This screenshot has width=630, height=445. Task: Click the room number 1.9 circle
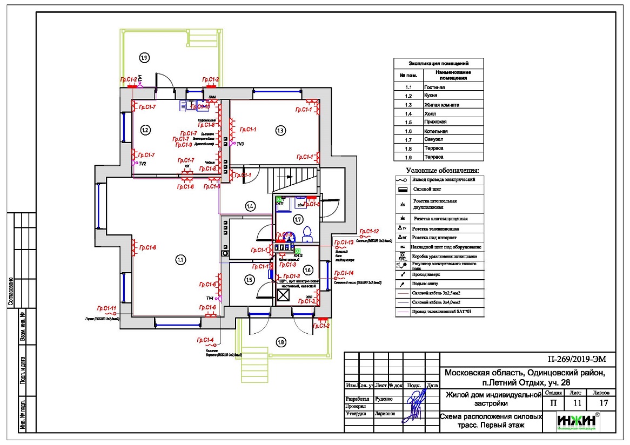144,57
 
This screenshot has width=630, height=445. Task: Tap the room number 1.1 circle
180,260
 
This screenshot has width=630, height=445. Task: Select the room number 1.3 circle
280,130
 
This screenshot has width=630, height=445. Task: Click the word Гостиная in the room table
435,87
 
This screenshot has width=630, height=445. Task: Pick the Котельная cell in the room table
437,131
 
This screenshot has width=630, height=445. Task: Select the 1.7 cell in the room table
409,139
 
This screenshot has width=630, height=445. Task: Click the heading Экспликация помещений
438,63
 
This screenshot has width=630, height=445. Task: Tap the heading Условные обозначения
438,171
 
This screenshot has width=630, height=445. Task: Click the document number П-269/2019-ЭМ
578,359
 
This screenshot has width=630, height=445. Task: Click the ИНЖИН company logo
577,421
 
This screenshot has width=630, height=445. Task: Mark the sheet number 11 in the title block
575,403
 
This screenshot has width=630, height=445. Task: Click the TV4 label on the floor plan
210,298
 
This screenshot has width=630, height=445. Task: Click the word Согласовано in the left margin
10,292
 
